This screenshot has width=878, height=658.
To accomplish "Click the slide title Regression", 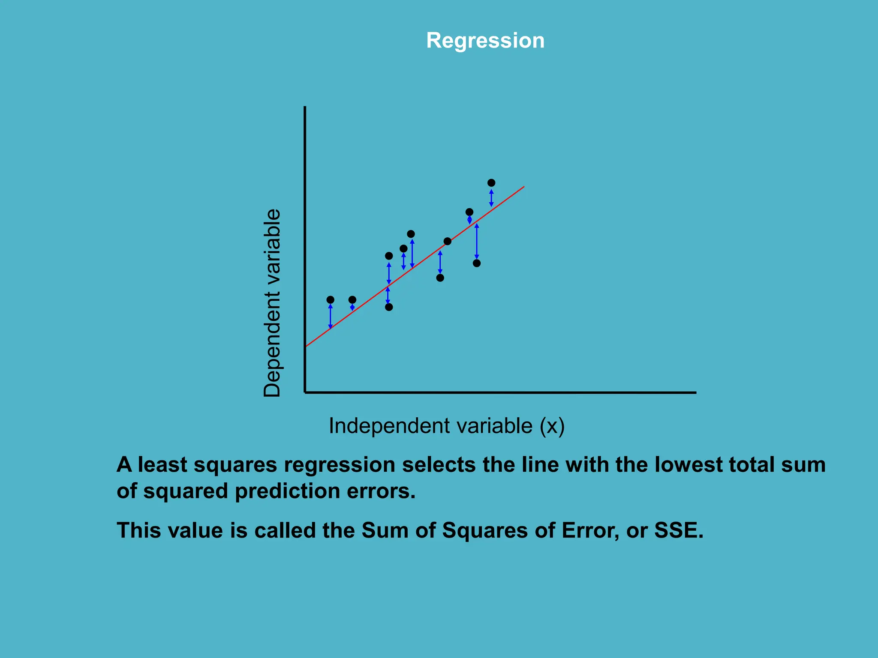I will point(485,41).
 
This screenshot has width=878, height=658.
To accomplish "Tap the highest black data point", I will point(491,183).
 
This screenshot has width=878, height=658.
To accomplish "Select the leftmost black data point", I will point(330,299).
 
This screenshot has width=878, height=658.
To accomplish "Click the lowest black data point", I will point(389,307).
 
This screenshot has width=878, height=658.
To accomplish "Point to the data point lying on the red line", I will point(447,242).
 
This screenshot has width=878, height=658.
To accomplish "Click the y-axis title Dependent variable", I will point(272,303).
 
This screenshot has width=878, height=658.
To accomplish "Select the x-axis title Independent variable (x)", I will point(446,426).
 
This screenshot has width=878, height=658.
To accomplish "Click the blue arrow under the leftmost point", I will point(330,317).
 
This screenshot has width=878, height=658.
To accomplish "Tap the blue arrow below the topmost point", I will point(491,198).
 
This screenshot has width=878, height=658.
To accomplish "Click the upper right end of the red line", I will point(523,187).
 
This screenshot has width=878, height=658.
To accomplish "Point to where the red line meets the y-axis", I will point(306,346).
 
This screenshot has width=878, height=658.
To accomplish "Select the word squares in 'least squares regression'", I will point(235,465).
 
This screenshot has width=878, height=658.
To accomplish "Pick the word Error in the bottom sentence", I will point(590,530).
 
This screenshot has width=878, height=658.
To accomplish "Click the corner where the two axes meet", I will point(305,392).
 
